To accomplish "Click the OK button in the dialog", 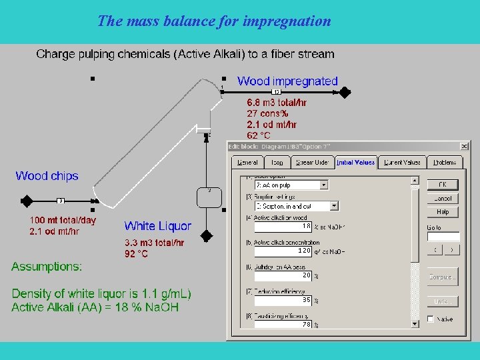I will (x=443, y=185).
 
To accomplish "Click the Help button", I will (x=443, y=212).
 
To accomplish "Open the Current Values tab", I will (x=402, y=162).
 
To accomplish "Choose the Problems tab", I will (x=445, y=162).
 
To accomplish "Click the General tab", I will (x=247, y=162).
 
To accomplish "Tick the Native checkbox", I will (x=431, y=319).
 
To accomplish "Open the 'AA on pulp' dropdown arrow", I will (x=324, y=185).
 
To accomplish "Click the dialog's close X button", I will (x=464, y=147).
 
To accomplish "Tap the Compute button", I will (x=443, y=277).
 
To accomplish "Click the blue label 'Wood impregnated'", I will (x=287, y=81).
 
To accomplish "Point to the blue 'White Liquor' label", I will (x=157, y=227).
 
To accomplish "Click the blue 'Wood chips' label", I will (x=47, y=176).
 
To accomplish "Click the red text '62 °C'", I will (x=259, y=135).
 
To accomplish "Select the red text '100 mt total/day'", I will (x=62, y=220).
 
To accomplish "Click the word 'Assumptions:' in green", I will (x=47, y=267).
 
